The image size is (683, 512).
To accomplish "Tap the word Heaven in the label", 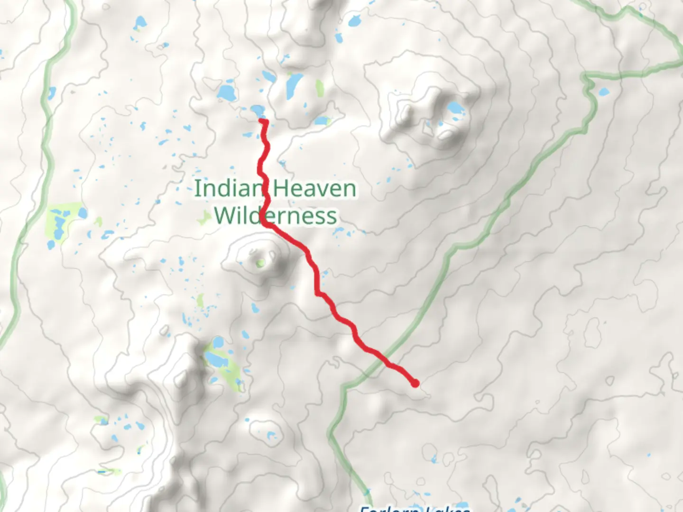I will click(x=315, y=189).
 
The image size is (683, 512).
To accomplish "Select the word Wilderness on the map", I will click(x=275, y=216).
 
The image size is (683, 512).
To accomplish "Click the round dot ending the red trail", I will click(x=415, y=384).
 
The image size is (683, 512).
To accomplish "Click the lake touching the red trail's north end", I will click(x=258, y=111).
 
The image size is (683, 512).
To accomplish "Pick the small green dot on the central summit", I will click(x=260, y=263).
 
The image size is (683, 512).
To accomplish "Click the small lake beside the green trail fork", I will click(x=604, y=91).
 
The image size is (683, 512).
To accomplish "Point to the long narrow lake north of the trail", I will click(x=292, y=84).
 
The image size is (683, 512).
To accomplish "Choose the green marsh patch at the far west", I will click(x=62, y=223).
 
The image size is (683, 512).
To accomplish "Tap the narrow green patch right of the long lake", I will click(x=319, y=88).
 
